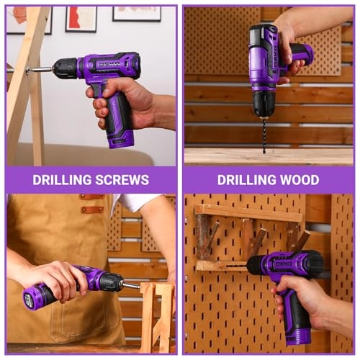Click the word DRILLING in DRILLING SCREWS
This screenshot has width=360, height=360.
(63, 180)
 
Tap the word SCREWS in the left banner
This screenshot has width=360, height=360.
(122, 180)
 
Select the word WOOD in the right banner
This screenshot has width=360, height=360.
(300, 180)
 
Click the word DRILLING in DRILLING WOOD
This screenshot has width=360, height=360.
(247, 180)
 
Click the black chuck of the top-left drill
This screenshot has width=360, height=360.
(64, 68)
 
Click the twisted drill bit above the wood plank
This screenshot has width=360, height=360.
(264, 136)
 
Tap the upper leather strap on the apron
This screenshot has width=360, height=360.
(92, 197)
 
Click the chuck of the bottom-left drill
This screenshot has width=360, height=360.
(112, 282)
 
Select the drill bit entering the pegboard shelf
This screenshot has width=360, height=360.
(237, 266)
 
